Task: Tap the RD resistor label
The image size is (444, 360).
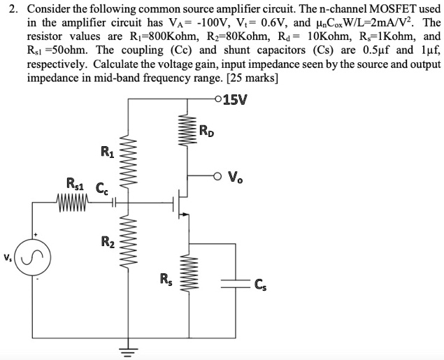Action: tap(208, 130)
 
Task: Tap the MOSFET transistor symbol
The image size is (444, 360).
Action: tap(180, 203)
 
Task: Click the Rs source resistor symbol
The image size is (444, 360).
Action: tap(187, 274)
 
